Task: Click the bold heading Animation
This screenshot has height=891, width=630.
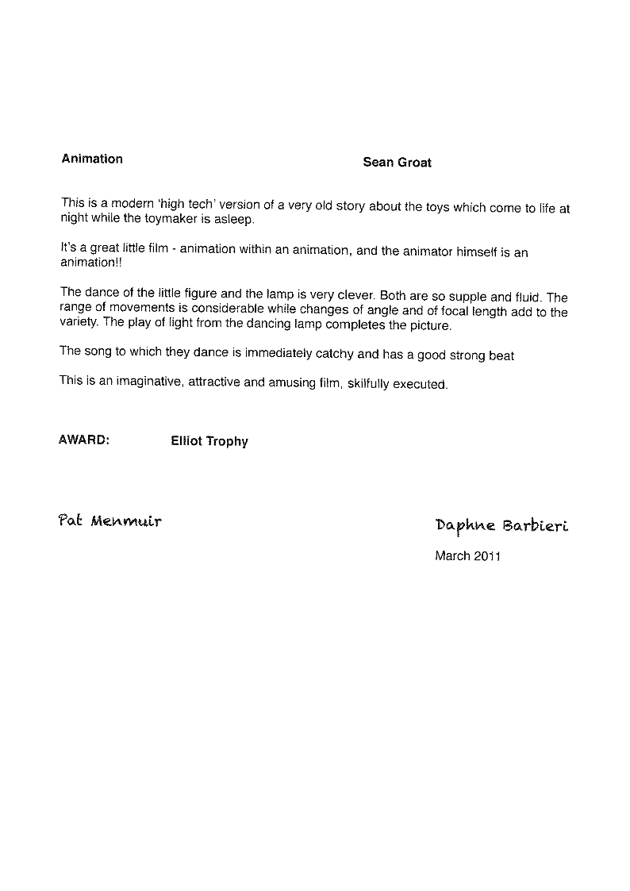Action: pos(92,159)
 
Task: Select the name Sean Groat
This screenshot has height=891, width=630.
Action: pos(397,163)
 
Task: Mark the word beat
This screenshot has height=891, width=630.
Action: pos(501,356)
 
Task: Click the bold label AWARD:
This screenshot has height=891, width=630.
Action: pos(83,440)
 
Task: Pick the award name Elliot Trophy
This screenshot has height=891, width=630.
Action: pos(209,441)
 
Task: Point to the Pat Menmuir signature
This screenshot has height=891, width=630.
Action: pos(110,521)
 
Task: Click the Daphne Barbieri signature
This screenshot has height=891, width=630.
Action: pos(501,526)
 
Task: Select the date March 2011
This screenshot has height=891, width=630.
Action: pos(467,556)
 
